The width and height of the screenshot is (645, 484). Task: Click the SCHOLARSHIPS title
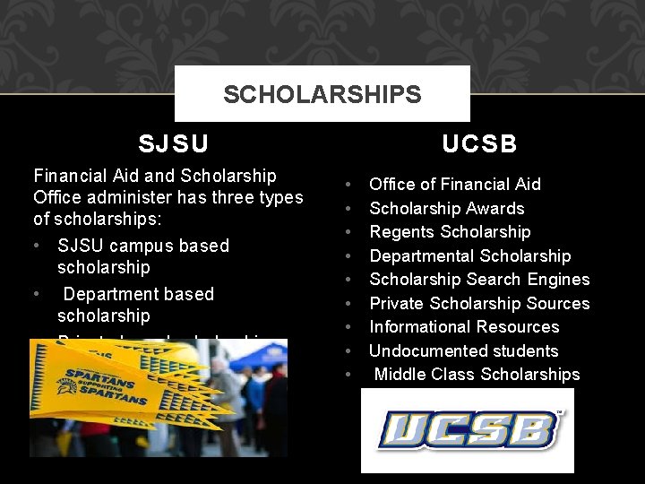click(322, 94)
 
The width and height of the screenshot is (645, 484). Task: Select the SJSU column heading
click(174, 143)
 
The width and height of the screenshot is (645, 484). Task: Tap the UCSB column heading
click(479, 144)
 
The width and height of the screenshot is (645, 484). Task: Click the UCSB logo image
click(467, 430)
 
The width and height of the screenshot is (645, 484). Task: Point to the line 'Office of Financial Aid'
click(455, 184)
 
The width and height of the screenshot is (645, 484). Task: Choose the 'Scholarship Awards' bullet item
click(446, 208)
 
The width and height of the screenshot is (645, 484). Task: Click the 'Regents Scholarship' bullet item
click(450, 232)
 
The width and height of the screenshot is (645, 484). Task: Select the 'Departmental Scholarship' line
click(469, 256)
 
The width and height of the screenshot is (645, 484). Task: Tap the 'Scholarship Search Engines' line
click(479, 280)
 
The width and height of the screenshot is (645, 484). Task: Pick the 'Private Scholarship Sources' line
click(479, 304)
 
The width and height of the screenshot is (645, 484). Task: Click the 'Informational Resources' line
click(464, 327)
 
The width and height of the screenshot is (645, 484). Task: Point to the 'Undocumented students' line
click(463, 351)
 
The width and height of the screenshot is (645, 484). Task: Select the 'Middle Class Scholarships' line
click(477, 375)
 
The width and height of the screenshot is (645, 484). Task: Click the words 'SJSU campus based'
click(143, 246)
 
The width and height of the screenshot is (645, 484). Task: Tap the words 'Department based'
click(139, 294)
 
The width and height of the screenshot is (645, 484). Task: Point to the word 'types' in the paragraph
click(279, 197)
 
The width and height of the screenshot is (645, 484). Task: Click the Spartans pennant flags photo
click(158, 398)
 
